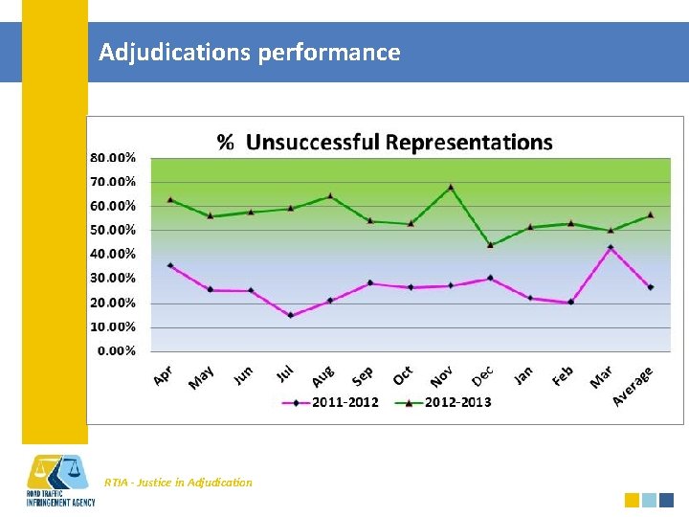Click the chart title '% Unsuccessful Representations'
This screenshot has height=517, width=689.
tap(385, 143)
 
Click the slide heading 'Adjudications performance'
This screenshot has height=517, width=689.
tap(249, 52)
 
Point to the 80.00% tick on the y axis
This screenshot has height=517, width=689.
tap(113, 157)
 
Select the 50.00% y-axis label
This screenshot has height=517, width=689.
tap(113, 230)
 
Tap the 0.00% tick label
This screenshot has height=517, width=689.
tap(116, 350)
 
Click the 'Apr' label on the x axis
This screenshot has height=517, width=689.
tap(164, 375)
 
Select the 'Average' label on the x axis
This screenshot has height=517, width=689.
tap(633, 385)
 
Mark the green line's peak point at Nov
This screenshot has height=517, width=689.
tap(451, 187)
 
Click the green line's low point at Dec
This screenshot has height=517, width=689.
tap(490, 245)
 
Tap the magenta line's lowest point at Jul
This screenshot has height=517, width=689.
tap(290, 315)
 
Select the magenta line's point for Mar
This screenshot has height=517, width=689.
tap(611, 247)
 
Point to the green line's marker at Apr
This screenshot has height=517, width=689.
tap(170, 199)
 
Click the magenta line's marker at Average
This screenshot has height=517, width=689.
tap(651, 287)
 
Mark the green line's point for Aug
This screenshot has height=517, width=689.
tap(330, 195)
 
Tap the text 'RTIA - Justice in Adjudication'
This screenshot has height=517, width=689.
tap(179, 483)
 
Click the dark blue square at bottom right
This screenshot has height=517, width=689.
tap(667, 500)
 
